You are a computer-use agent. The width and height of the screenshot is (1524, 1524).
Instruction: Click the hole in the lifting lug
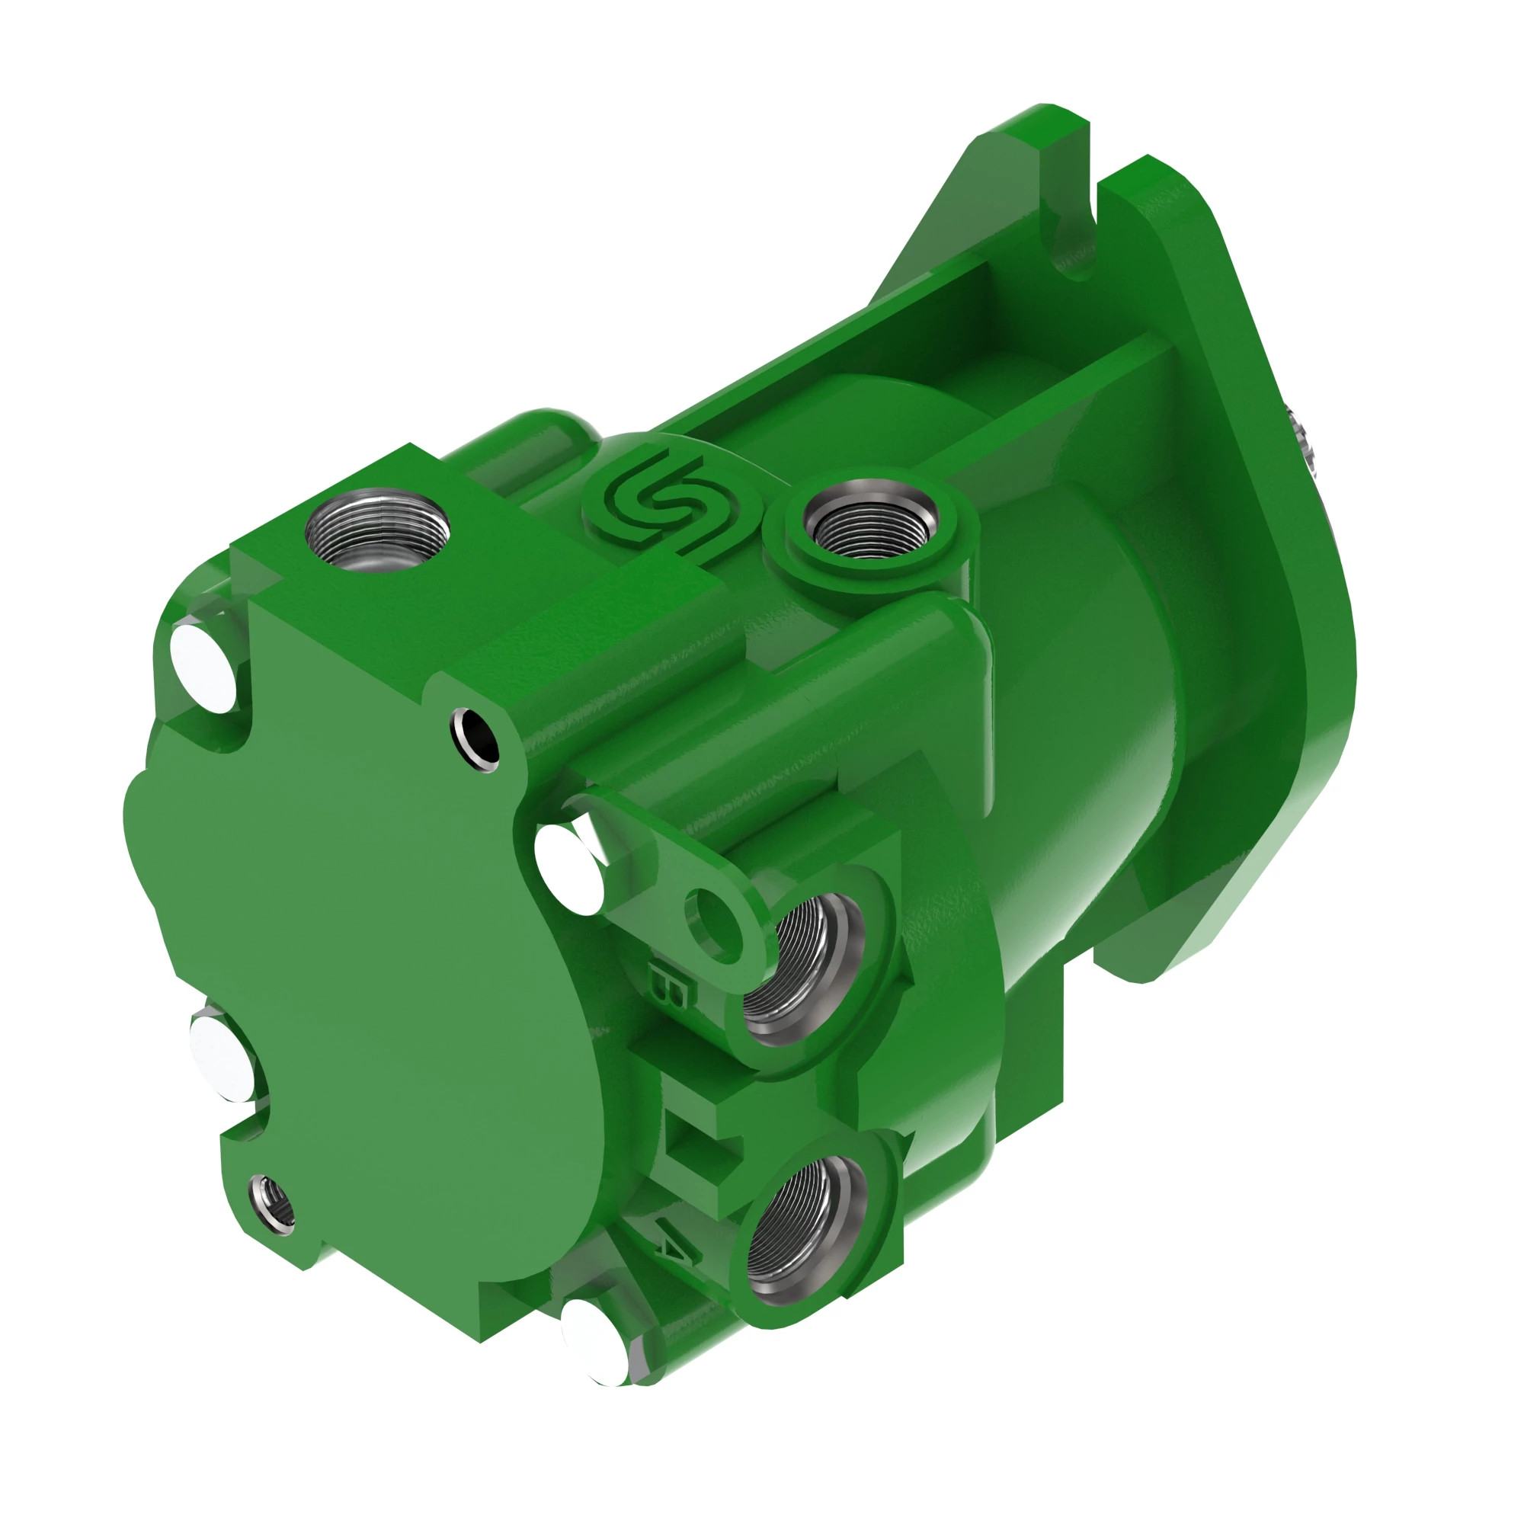click(714, 921)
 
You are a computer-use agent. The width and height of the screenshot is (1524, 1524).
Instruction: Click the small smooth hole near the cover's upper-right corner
click(475, 740)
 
